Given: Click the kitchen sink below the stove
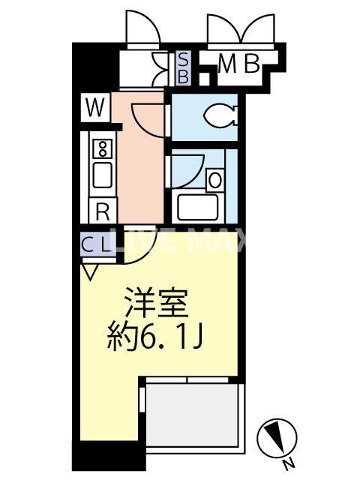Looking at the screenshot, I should (x=100, y=177).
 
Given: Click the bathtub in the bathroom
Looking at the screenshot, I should (x=196, y=206).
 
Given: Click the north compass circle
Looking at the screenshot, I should (x=272, y=436).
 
